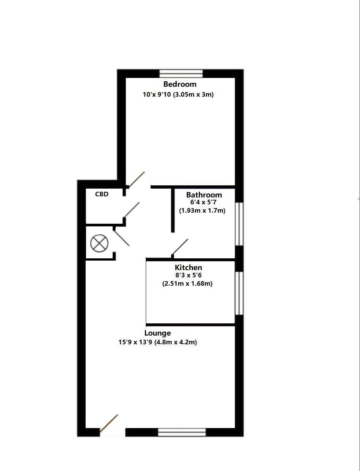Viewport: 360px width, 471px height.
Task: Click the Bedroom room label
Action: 180,84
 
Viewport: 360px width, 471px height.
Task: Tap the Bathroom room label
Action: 204,195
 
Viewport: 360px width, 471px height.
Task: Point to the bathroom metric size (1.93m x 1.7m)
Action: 202,210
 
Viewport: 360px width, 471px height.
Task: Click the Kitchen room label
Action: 188,267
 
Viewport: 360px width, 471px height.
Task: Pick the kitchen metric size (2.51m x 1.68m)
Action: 187,283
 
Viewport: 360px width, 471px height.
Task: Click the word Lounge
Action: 158,333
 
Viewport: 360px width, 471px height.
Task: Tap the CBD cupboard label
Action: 102,194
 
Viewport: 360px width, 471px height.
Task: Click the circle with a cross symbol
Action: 100,243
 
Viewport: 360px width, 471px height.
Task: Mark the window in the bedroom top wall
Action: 181,73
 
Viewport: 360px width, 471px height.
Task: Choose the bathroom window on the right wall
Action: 239,224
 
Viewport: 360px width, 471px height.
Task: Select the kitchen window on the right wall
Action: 239,293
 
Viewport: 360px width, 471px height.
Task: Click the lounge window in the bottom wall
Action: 182,432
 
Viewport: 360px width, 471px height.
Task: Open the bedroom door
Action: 136,180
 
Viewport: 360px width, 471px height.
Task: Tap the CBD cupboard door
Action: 132,210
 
